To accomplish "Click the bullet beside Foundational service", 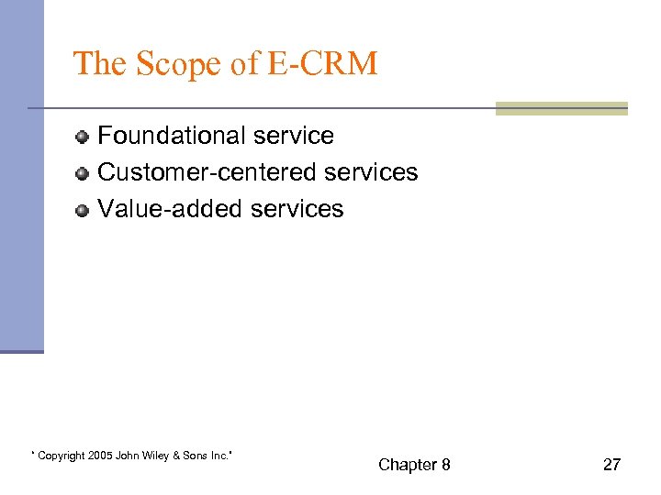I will click(83, 137).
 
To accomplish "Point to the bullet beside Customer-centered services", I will click(83, 173).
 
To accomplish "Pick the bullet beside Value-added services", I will click(83, 210).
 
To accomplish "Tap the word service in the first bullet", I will click(294, 136).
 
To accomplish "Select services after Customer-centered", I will click(372, 172).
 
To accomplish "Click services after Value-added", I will click(297, 209).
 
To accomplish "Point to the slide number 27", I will click(611, 465).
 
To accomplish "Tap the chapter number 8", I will click(445, 465).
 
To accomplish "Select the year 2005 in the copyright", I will click(99, 456).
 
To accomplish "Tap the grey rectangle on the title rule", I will click(561, 109).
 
